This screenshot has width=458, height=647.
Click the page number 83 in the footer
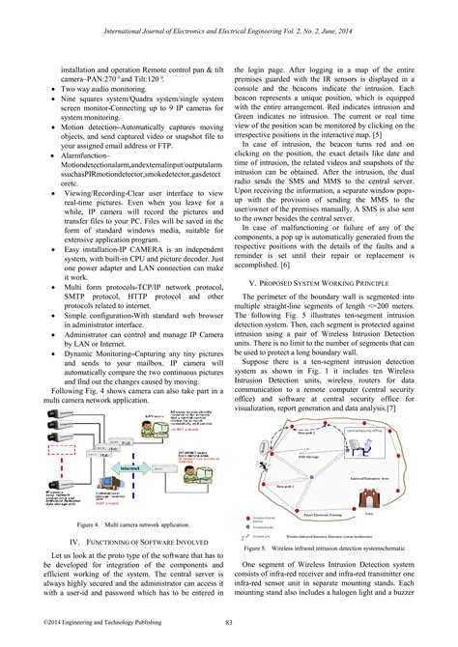coord(228,622)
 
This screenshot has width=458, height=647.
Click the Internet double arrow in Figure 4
coord(129,466)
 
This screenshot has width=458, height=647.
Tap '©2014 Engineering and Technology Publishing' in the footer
coord(89,622)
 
